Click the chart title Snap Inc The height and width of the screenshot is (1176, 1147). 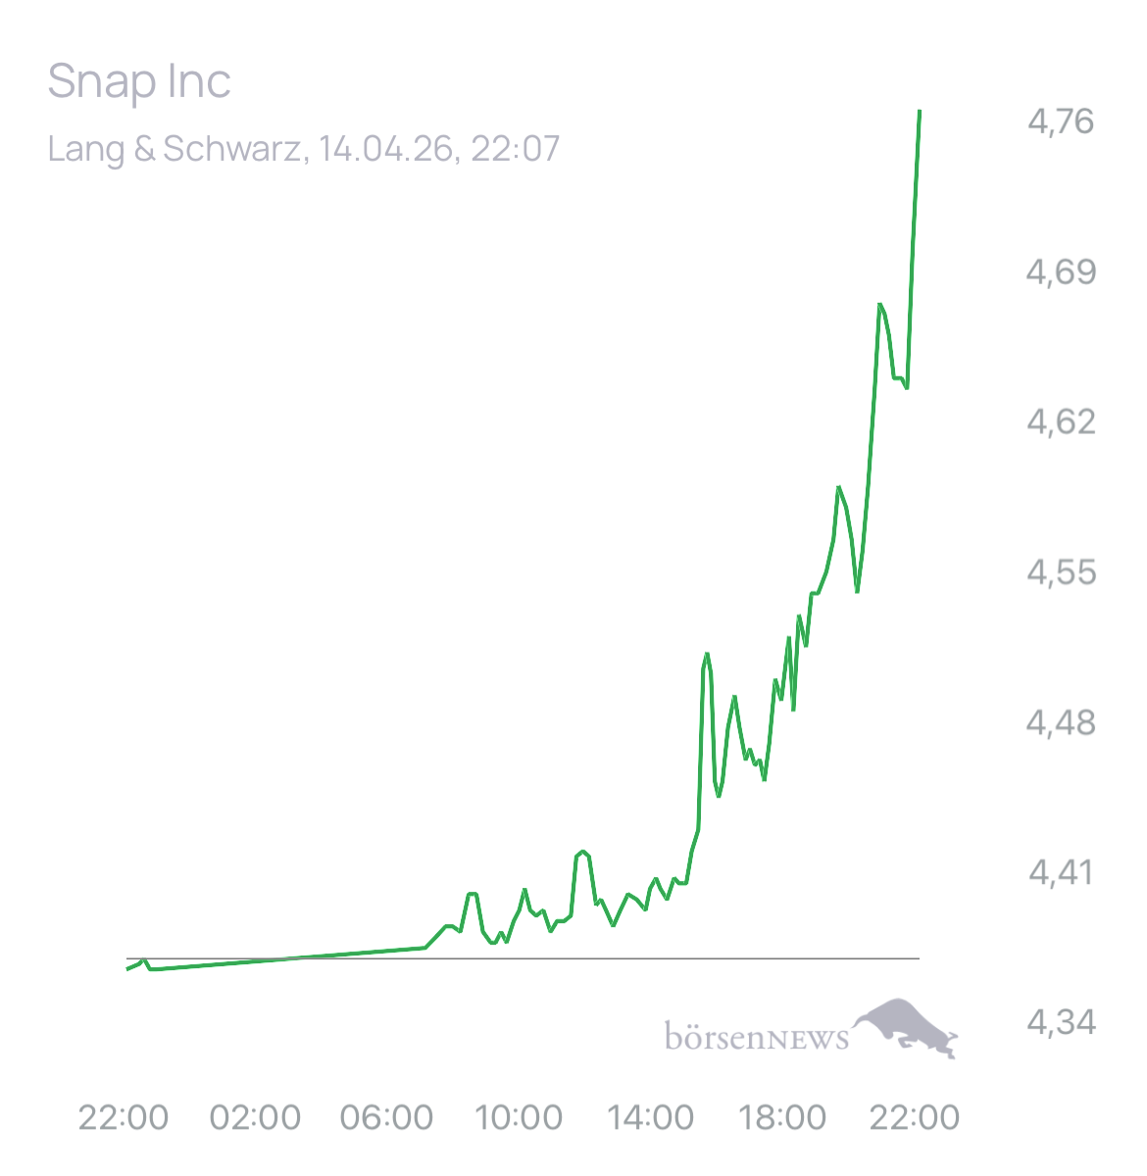tap(139, 82)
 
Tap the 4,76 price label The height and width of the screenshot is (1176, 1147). tap(1061, 122)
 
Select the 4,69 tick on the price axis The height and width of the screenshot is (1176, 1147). tap(1061, 271)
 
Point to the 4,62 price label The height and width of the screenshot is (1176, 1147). tap(1061, 421)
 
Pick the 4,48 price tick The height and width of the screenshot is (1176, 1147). tap(1061, 723)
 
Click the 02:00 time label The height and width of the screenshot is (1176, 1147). tap(255, 1117)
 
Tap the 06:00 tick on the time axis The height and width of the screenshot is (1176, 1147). tap(386, 1117)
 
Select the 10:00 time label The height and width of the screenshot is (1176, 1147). tap(518, 1117)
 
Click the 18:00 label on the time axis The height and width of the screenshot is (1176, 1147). tap(781, 1117)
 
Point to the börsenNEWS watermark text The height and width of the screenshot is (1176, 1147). tap(756, 1037)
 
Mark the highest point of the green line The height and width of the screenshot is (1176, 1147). tap(920, 111)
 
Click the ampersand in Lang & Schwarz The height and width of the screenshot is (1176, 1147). tap(142, 149)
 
